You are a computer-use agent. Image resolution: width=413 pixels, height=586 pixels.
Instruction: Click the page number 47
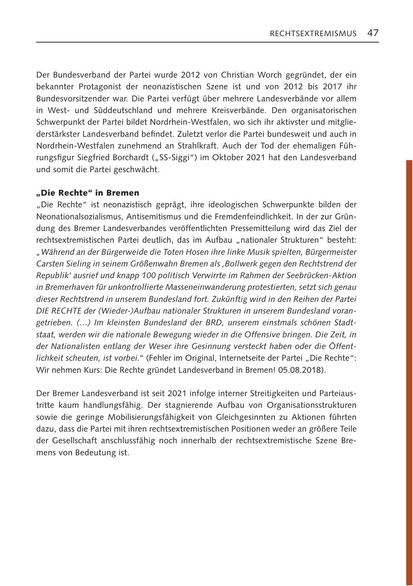tap(373, 33)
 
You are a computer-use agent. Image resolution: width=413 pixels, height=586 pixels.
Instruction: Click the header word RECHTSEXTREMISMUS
tap(313, 33)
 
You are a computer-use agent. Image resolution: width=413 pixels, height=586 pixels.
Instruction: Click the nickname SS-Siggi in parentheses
tap(178, 158)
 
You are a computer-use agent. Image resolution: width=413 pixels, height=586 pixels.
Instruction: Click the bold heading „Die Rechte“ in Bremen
tap(88, 193)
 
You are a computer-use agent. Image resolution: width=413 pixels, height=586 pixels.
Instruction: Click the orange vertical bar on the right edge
tap(409, 367)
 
